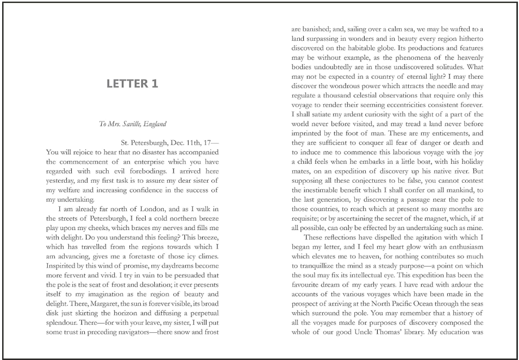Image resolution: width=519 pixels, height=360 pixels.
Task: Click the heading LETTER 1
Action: (132, 84)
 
